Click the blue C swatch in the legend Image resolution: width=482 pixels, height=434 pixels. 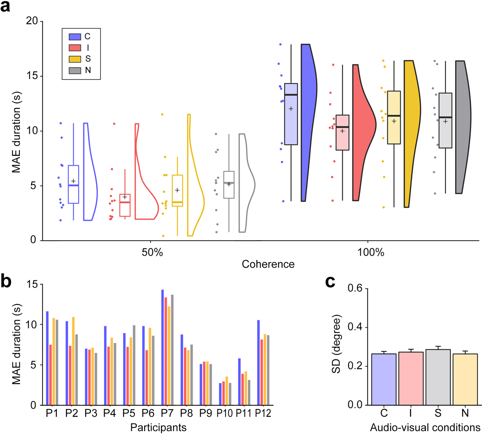75,37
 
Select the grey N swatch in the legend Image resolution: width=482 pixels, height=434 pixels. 75,70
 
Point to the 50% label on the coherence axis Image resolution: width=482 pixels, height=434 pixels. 152,252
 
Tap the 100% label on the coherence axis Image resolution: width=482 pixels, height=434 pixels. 371,252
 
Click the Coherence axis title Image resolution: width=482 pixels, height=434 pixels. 268,264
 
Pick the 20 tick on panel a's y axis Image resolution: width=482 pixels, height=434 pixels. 32,21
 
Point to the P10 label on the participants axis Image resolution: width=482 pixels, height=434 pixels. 224,413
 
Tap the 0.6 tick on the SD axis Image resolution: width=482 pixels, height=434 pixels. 356,289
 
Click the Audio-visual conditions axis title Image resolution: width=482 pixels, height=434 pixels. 425,428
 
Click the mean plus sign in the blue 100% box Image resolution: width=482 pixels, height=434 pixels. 291,109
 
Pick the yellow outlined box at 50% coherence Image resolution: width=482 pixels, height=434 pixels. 177,191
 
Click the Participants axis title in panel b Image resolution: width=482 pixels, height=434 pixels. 158,428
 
